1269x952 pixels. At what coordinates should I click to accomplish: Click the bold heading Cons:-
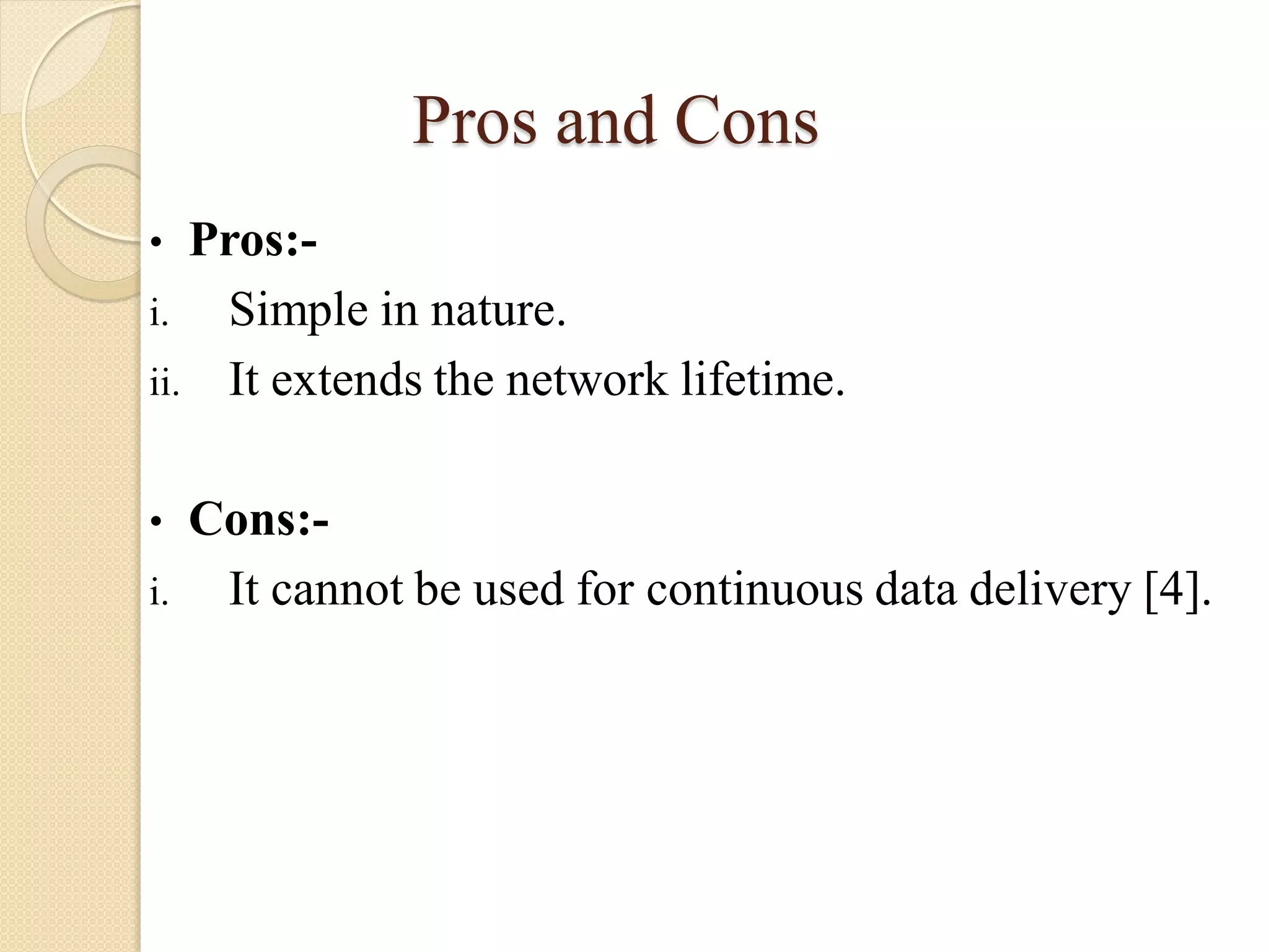click(258, 518)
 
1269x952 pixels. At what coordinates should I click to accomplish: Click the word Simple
click(299, 310)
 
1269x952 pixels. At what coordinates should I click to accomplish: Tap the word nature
click(498, 310)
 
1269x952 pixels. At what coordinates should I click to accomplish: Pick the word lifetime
click(763, 379)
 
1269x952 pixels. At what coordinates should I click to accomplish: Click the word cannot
click(337, 589)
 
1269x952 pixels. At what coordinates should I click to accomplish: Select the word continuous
click(754, 589)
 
